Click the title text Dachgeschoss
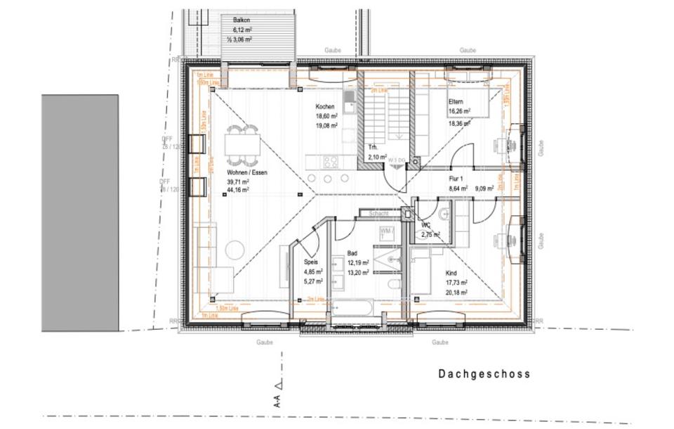point(484,374)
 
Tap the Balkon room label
point(242,20)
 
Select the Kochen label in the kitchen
point(324,106)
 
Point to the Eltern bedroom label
point(456,101)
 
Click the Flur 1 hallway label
point(458,179)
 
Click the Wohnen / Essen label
point(246,172)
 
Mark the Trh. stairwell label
point(374,148)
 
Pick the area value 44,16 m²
point(239,190)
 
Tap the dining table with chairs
point(242,145)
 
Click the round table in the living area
point(234,250)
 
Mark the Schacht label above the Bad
point(369,212)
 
